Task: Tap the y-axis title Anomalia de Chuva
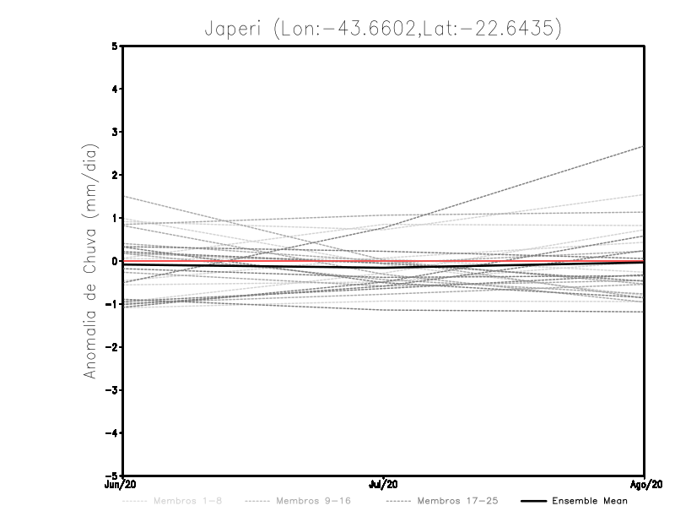click(90, 260)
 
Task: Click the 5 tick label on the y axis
click(115, 46)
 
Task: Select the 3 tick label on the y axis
click(115, 133)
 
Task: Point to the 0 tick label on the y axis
click(115, 261)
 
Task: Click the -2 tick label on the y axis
click(112, 347)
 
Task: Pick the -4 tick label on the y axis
click(112, 433)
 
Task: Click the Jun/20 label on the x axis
click(122, 485)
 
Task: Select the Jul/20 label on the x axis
click(384, 485)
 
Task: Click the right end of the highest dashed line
click(644, 146)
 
